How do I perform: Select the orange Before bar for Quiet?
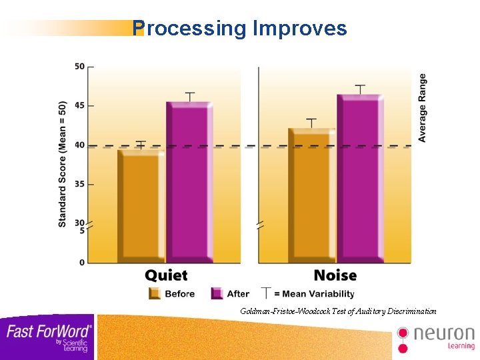[141, 207]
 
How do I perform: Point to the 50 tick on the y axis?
[80, 66]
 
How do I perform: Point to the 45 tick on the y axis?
[80, 105]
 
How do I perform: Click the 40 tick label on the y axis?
[80, 145]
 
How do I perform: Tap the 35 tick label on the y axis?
[80, 184]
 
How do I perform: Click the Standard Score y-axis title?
[63, 164]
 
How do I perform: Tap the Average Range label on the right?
[422, 107]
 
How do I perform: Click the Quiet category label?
[166, 275]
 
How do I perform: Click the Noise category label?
[335, 275]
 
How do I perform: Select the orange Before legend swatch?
[155, 293]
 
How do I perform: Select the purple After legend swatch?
[217, 293]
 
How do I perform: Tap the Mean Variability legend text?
[314, 294]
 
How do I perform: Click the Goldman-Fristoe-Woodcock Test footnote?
[338, 311]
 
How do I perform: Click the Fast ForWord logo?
[48, 336]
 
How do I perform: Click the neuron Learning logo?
[436, 337]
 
